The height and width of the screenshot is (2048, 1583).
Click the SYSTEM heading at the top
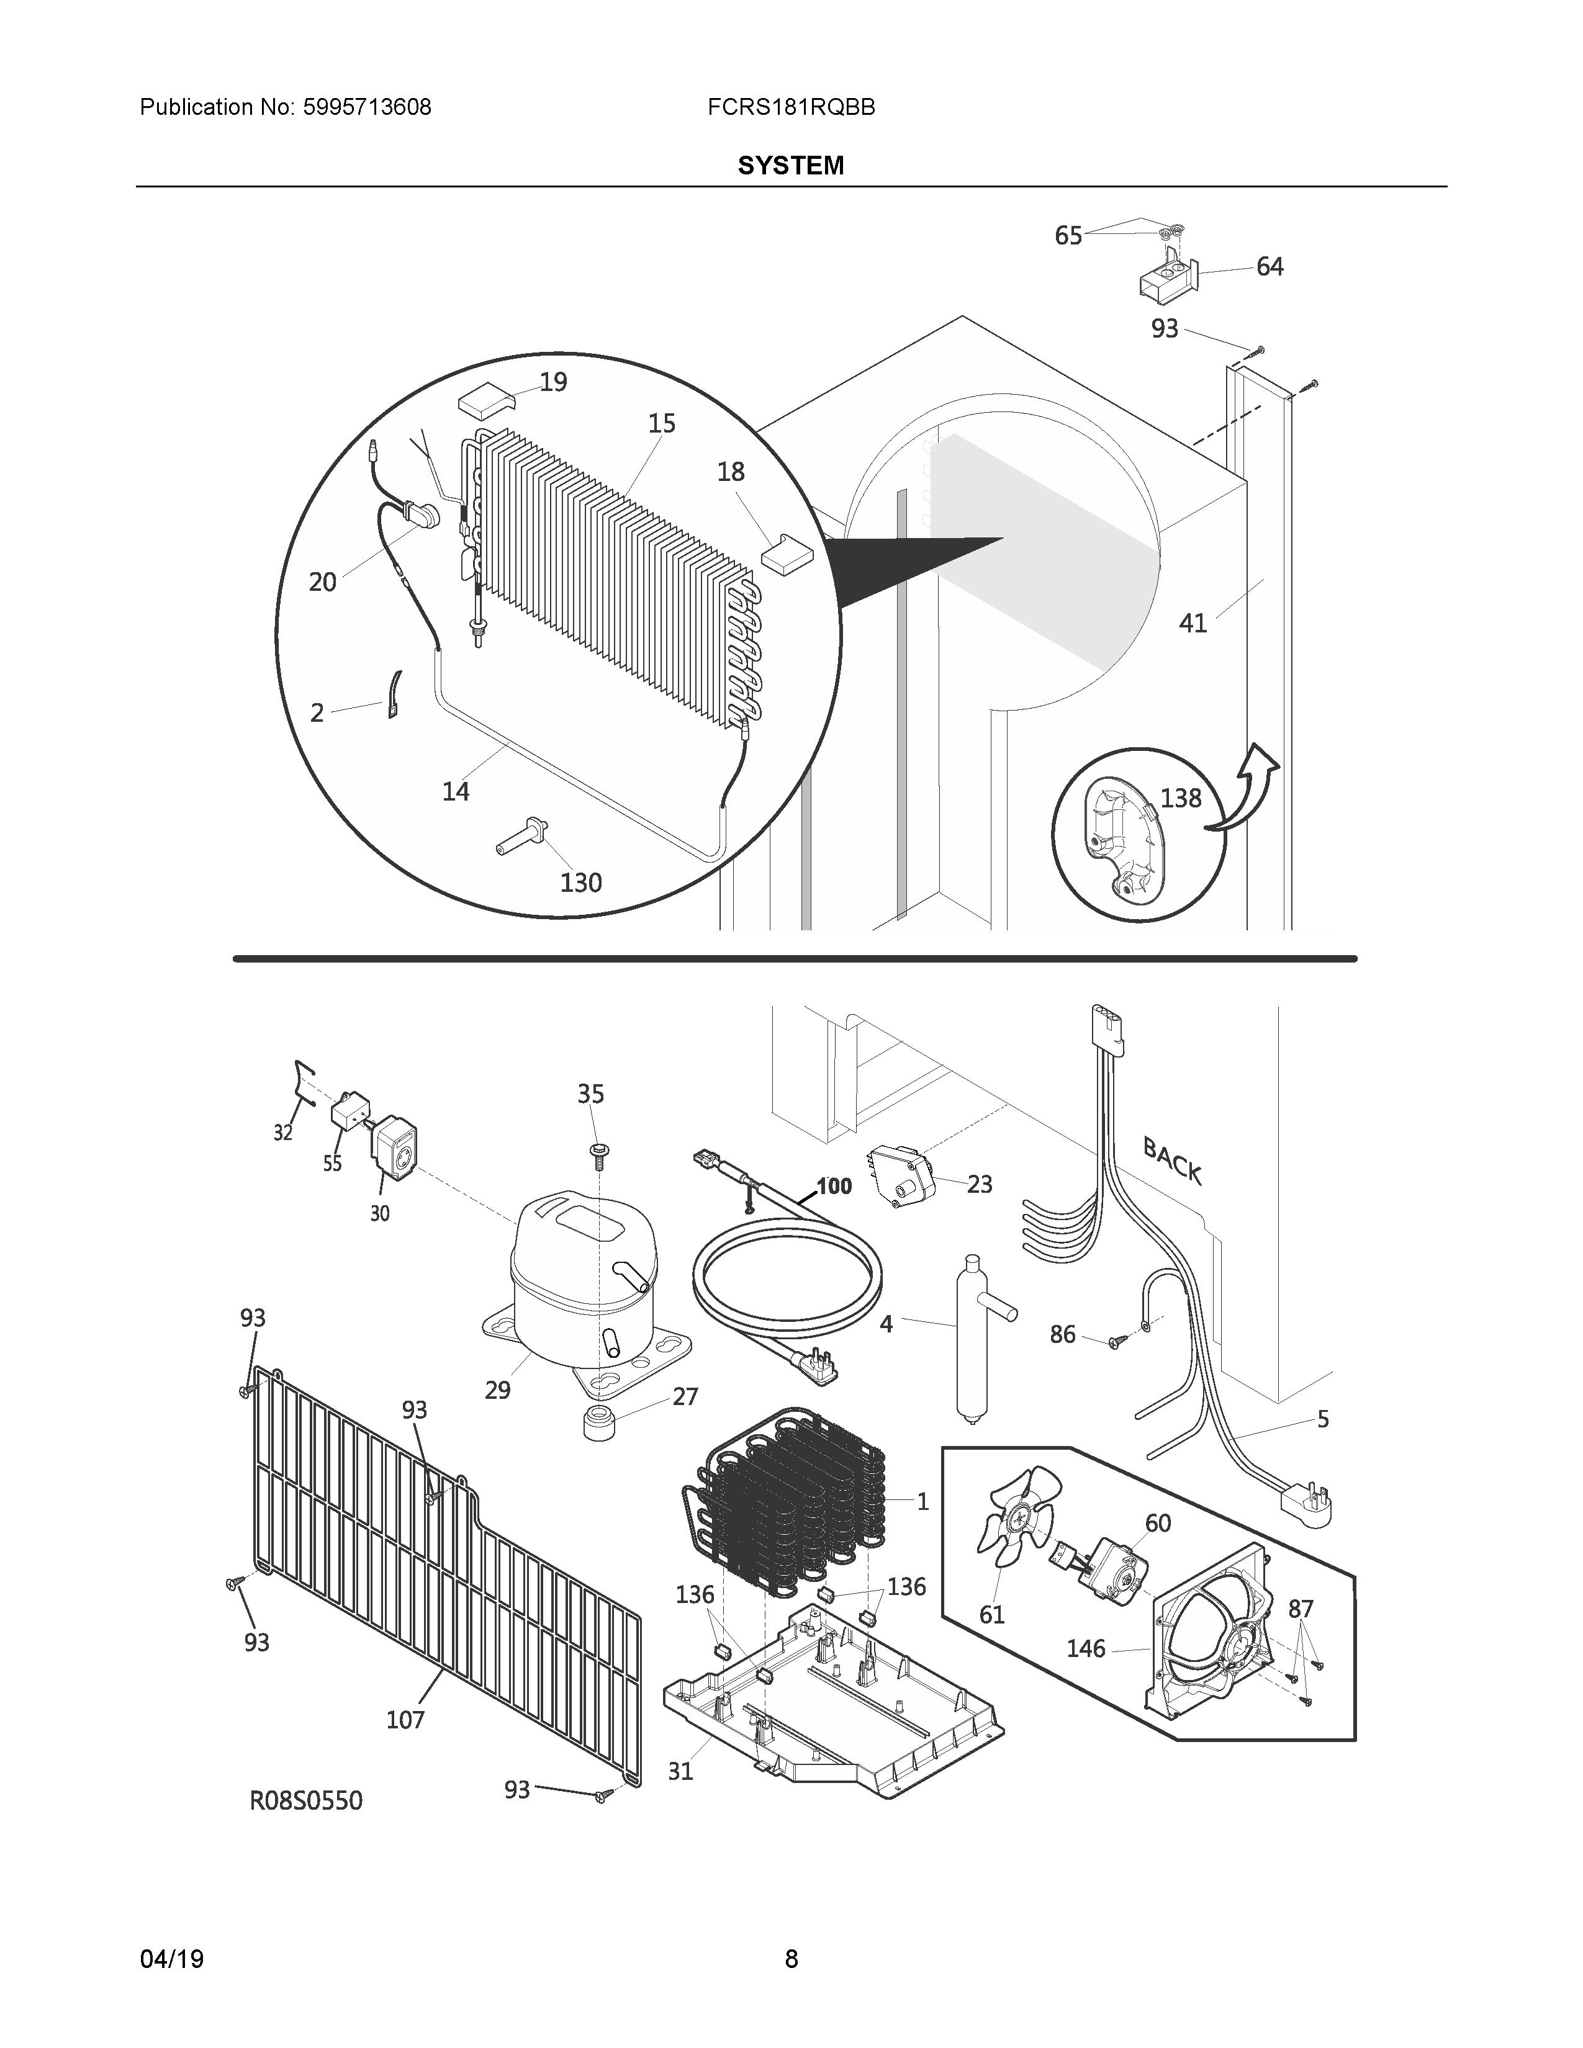pos(790,166)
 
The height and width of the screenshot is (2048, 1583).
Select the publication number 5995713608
pos(367,108)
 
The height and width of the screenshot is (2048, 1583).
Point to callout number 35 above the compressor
pos(591,1094)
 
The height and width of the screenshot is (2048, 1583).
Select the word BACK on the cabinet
pos(1171,1160)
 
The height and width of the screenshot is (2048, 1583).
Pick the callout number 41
pos(1193,624)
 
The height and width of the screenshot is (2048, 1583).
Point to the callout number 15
pos(662,424)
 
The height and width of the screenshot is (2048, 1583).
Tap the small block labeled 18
pos(787,552)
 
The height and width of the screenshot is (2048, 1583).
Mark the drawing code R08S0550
pos(305,1800)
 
